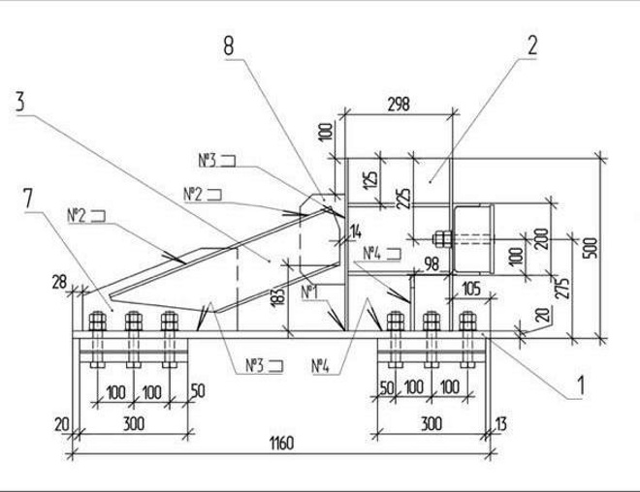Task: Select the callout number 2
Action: click(x=532, y=44)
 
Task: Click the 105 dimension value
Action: click(x=472, y=289)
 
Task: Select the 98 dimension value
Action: click(x=430, y=264)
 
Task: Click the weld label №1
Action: click(x=308, y=291)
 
